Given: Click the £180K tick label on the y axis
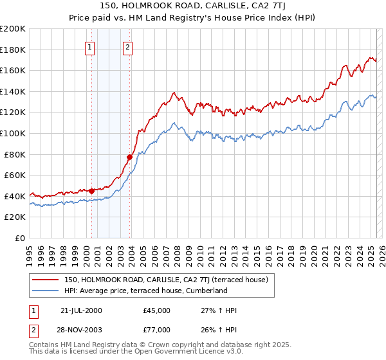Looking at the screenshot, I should pos(13,50).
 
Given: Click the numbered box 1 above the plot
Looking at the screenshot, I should pos(89,46).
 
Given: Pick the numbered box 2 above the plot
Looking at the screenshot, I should pos(128,46).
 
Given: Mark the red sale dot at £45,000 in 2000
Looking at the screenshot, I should pos(92,191).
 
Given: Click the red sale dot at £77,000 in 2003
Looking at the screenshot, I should pos(130,157).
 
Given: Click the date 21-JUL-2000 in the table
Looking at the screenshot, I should pos(80,310).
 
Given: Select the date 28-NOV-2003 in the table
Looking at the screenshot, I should pos(81,330).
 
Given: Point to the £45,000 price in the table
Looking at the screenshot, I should pos(157,310).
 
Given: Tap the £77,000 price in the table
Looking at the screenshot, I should pos(157,330).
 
